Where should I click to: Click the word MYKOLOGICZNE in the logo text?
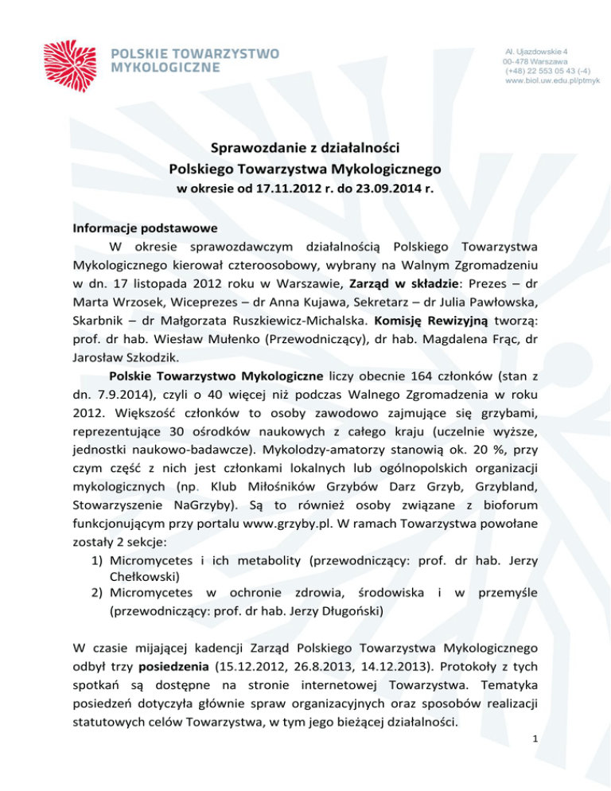167,67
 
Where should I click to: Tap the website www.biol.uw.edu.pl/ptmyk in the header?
552,81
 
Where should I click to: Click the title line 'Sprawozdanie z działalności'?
305,147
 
